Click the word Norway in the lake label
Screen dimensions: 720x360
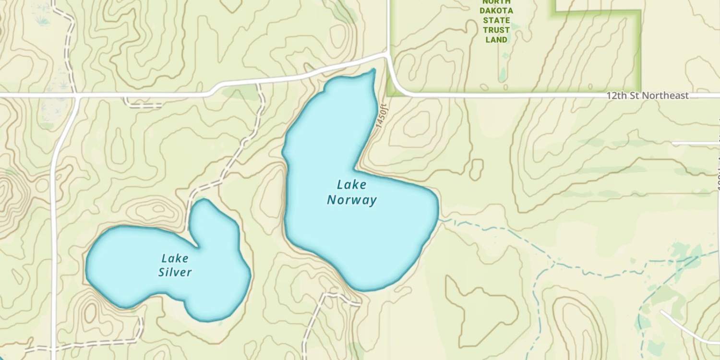click(352, 200)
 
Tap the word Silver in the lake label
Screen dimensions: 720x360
click(175, 273)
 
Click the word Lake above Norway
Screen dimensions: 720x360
click(351, 184)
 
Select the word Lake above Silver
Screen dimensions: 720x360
click(175, 258)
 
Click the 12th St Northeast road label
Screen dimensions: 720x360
click(647, 96)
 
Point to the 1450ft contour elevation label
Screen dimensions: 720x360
click(381, 116)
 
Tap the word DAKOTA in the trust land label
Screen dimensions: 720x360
click(496, 11)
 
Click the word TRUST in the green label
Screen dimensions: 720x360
click(496, 30)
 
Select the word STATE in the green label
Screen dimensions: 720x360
click(496, 20)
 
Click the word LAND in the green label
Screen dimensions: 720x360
click(496, 40)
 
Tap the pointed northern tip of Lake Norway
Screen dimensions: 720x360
click(373, 71)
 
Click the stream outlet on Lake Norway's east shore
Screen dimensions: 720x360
click(439, 219)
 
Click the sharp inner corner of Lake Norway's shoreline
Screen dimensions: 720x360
click(356, 169)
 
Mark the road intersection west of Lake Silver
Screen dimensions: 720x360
click(77, 96)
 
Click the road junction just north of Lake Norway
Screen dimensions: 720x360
click(387, 56)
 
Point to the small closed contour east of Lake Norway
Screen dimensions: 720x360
click(476, 169)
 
